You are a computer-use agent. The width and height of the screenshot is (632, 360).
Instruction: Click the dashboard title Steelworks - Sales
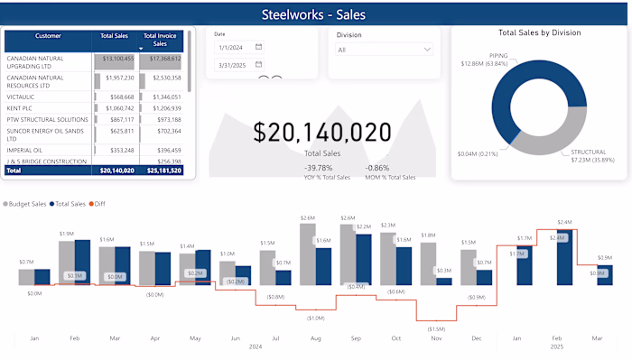[x=314, y=14]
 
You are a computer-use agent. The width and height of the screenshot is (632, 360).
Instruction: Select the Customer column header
[x=48, y=36]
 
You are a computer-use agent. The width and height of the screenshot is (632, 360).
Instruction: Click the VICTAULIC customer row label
[x=22, y=97]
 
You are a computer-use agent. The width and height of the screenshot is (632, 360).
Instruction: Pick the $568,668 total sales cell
[x=116, y=97]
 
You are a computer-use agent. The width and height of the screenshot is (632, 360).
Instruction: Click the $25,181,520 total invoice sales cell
[x=163, y=170]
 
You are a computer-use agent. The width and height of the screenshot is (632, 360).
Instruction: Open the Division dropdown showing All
[x=384, y=51]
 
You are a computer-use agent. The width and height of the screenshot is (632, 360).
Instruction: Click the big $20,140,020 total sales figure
[x=321, y=134]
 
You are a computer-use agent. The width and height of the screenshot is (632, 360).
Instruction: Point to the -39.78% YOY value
[x=318, y=168]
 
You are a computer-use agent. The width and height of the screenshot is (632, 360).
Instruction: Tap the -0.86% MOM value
[x=378, y=168]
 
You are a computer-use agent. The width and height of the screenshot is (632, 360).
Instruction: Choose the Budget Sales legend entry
[x=28, y=205]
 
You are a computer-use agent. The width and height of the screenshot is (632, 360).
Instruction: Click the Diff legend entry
[x=102, y=205]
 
